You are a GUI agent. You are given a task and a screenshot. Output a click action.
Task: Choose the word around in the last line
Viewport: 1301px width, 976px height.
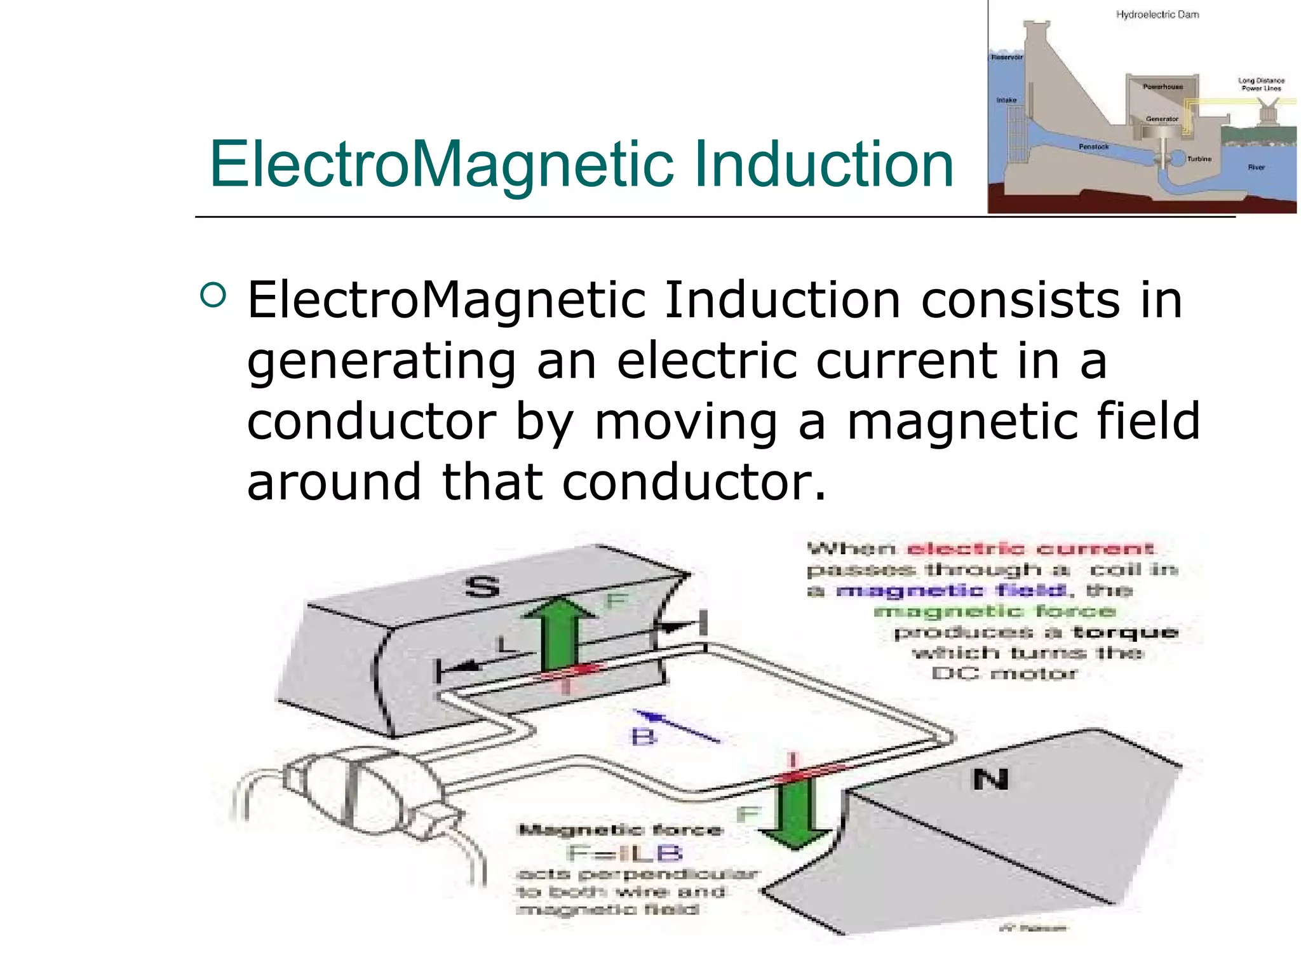[334, 482]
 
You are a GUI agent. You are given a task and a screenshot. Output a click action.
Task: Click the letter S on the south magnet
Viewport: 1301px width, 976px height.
[483, 586]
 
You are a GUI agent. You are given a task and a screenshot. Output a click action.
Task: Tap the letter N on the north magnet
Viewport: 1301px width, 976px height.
[990, 779]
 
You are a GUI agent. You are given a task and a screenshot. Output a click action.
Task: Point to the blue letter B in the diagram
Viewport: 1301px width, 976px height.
[643, 737]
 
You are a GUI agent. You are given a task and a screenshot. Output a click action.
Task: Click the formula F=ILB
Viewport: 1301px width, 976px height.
[624, 853]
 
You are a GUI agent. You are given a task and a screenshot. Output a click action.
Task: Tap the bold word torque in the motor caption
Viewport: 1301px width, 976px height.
[1125, 632]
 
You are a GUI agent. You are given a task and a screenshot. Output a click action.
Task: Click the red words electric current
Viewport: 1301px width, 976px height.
[1030, 549]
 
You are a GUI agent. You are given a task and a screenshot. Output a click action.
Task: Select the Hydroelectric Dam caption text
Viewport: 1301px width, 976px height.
[1157, 15]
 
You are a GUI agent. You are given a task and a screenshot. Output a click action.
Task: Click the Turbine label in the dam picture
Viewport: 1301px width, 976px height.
[1199, 159]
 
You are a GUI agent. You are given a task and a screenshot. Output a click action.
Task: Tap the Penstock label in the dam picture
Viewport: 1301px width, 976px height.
[1093, 147]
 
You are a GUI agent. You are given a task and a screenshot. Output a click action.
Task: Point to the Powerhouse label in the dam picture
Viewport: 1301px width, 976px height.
[1163, 86]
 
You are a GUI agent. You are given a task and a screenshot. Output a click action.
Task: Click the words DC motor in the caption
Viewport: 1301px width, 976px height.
[1004, 674]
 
